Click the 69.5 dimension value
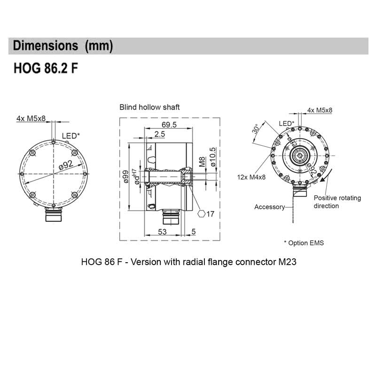[169, 125]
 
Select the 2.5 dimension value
[159, 135]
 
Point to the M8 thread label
[202, 163]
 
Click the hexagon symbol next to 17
[202, 214]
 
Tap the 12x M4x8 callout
[252, 177]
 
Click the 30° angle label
[256, 129]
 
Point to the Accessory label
[270, 207]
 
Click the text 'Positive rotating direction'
[337, 202]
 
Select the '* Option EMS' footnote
[304, 243]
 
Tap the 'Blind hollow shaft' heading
[149, 107]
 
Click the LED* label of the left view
[71, 136]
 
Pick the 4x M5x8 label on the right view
[320, 110]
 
